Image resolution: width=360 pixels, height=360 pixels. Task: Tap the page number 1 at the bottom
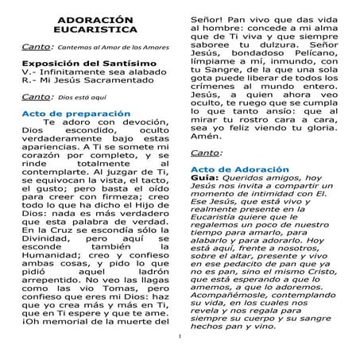pyautogui.click(x=180, y=344)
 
